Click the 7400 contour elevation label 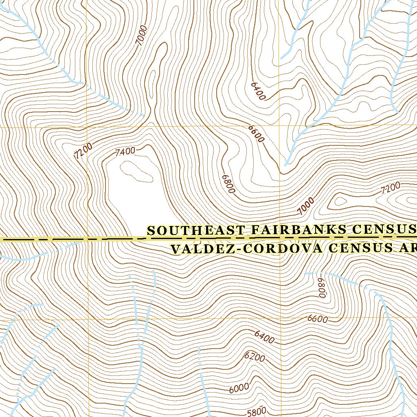[x=125, y=152]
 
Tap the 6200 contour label [x=255, y=357]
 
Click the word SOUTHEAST [x=196, y=230]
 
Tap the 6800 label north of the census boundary [x=228, y=184]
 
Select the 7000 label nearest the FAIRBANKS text [x=306, y=206]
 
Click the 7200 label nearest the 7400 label [x=83, y=151]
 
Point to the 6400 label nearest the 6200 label [x=264, y=337]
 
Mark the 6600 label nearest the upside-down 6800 [x=318, y=319]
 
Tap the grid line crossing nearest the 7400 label [x=88, y=127]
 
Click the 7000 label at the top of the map [x=142, y=35]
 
